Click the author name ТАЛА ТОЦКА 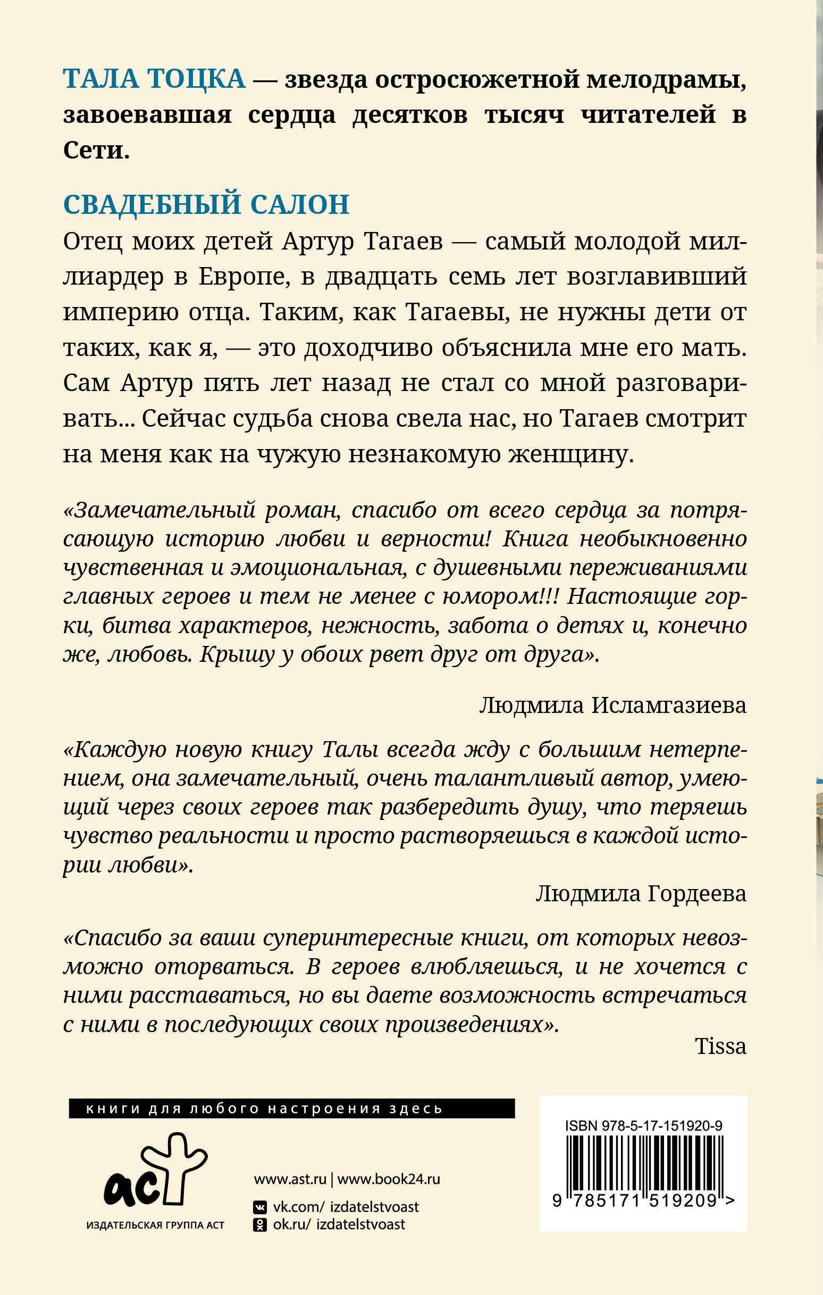click(154, 80)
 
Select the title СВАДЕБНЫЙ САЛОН click(206, 205)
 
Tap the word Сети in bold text click(96, 151)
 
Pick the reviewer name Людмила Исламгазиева click(612, 705)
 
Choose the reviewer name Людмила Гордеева click(641, 893)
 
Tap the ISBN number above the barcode click(643, 1126)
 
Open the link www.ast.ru click(290, 1180)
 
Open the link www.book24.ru click(389, 1180)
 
